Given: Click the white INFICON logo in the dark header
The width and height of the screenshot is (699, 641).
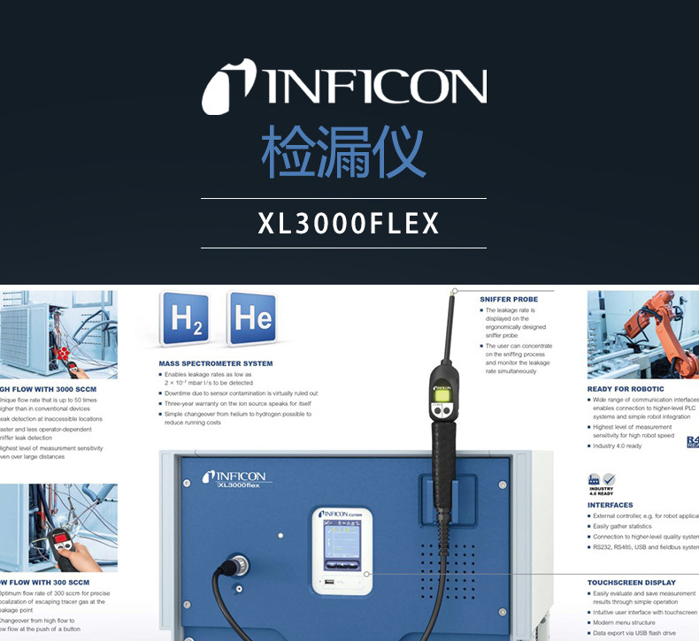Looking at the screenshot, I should click(x=344, y=87).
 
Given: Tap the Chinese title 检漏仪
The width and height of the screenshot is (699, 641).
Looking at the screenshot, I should click(x=343, y=151).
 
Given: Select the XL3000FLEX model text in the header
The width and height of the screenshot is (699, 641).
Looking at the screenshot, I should click(x=348, y=224).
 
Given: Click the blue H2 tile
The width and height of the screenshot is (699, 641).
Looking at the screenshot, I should click(x=188, y=319).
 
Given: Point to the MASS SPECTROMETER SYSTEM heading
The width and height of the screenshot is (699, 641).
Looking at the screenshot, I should click(x=216, y=363).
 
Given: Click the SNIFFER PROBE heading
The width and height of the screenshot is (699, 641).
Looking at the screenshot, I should click(x=509, y=300).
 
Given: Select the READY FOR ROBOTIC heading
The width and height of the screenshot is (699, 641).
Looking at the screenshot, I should click(x=626, y=389).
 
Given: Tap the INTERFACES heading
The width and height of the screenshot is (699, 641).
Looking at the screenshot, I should click(x=611, y=505).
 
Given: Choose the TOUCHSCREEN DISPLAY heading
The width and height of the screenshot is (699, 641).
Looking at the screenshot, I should click(x=631, y=583).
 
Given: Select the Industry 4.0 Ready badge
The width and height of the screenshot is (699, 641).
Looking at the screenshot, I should click(x=601, y=485).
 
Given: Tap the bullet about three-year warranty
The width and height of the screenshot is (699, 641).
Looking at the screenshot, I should click(x=236, y=403).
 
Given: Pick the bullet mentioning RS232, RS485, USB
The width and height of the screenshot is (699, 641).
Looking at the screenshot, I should click(x=644, y=547).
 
